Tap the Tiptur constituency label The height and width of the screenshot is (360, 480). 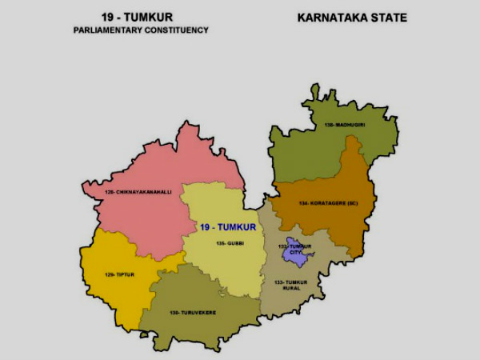coord(116,274)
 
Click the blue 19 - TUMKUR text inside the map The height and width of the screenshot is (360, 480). coord(229,227)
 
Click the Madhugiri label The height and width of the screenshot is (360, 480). coord(342,126)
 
